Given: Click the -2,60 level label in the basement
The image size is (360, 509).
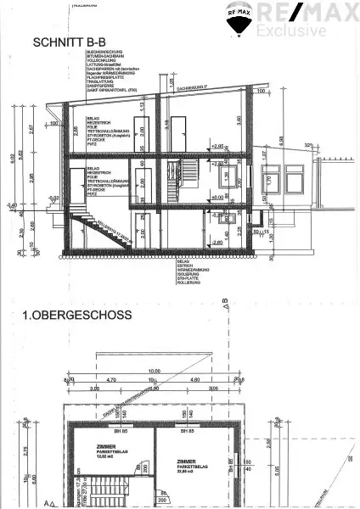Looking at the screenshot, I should pyautogui.click(x=218, y=243).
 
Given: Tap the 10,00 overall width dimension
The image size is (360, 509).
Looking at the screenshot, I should pyautogui.click(x=154, y=371).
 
